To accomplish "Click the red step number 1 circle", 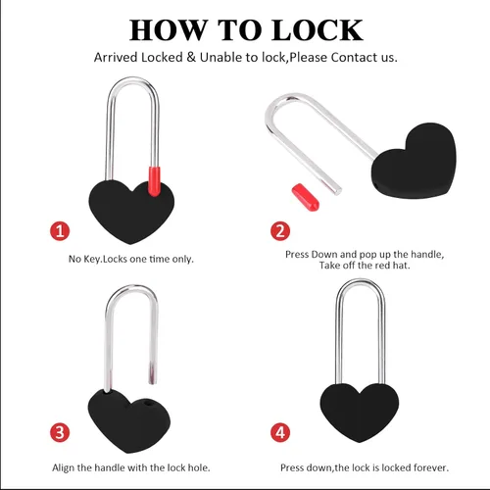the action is pos(60,231).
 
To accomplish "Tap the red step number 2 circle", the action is pos(280,231).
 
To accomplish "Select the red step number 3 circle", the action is pos(60,432).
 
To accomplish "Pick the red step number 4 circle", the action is pos(280,432).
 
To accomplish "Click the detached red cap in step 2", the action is pos(306,197).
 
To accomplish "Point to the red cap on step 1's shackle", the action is pos(155,181).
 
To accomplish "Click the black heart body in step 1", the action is pos(131,212).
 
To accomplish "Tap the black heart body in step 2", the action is pos(415,162).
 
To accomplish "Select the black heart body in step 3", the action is pos(129,420).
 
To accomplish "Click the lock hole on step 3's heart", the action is pos(149,404).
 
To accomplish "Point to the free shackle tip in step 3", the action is pos(153,381).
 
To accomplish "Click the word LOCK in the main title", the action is pos(318,30).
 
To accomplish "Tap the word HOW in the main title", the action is pos(169,30).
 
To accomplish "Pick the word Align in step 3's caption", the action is pos(64,468).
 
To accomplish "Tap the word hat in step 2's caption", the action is pos(402,266).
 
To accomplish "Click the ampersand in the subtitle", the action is pos(191,58).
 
